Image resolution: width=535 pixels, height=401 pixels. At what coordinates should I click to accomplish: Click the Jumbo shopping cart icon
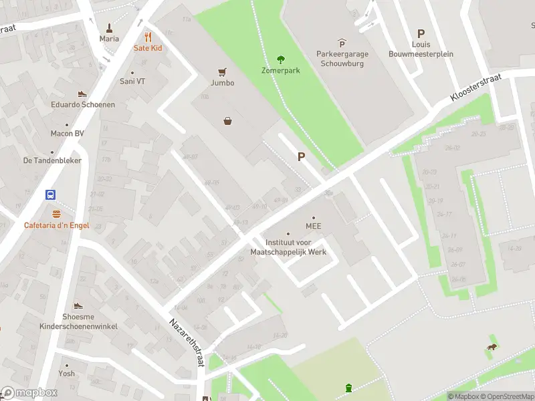[222, 72]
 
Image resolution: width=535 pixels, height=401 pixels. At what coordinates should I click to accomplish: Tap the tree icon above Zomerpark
[280, 59]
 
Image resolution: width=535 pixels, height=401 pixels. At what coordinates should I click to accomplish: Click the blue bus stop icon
[51, 195]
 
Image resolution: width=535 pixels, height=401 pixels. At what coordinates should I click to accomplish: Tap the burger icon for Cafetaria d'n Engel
[56, 215]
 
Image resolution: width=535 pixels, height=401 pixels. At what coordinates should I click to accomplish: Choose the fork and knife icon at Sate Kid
[148, 37]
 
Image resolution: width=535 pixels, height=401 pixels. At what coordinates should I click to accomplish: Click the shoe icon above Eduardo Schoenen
[83, 94]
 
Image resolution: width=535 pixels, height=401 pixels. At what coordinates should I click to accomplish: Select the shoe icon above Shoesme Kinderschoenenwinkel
[78, 305]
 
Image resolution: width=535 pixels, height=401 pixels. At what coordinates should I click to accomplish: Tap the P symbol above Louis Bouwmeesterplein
[421, 33]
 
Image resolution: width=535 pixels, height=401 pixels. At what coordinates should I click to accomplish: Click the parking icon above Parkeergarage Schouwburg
[342, 43]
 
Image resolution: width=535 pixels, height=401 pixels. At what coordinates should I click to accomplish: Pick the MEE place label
[314, 226]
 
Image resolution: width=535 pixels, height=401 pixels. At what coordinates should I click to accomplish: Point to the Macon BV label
[67, 133]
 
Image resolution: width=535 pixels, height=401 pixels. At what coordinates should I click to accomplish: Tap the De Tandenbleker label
[53, 160]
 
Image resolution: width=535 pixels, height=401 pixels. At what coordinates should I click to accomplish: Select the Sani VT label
[132, 82]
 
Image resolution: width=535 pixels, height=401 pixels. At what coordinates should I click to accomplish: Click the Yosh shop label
[66, 374]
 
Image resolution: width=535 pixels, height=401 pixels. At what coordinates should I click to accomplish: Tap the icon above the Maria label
[109, 28]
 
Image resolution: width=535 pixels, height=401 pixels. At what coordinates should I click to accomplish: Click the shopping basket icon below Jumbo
[228, 121]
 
